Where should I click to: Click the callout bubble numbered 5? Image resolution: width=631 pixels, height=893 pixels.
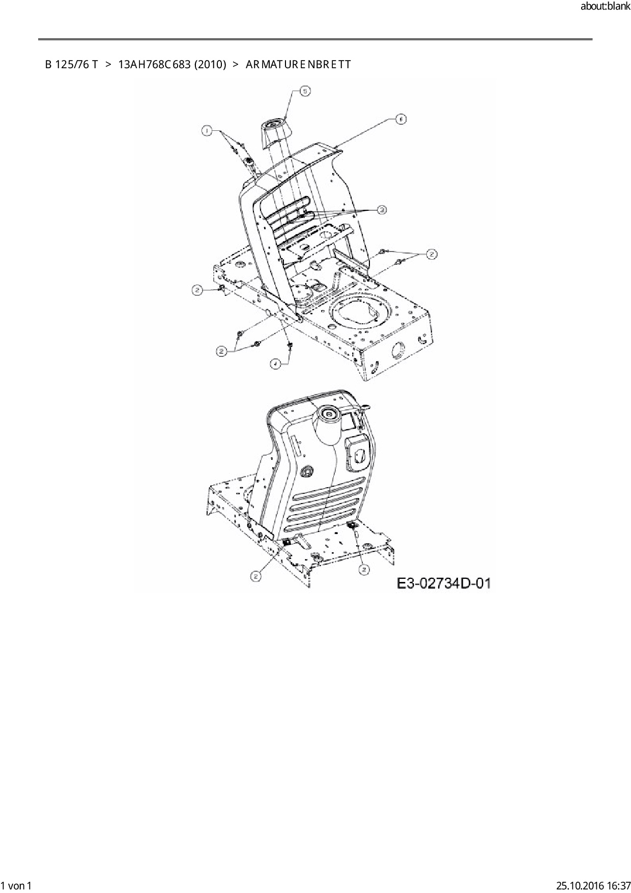[304, 91]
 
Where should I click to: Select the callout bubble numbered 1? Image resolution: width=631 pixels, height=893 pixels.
[206, 131]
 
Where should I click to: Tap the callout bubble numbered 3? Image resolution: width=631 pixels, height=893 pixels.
[382, 209]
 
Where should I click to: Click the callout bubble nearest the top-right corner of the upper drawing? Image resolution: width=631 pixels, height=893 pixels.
[401, 119]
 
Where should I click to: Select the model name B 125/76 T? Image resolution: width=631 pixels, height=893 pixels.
[71, 65]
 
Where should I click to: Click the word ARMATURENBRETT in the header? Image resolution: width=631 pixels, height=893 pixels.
[298, 65]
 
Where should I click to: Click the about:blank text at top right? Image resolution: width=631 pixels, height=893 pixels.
[605, 7]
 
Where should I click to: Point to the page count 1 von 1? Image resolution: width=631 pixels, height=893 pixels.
[17, 886]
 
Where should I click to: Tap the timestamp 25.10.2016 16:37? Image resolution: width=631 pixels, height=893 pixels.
[593, 886]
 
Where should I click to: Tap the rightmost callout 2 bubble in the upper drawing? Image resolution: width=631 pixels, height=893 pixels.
[432, 254]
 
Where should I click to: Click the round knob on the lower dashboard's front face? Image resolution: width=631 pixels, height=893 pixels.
[307, 472]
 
